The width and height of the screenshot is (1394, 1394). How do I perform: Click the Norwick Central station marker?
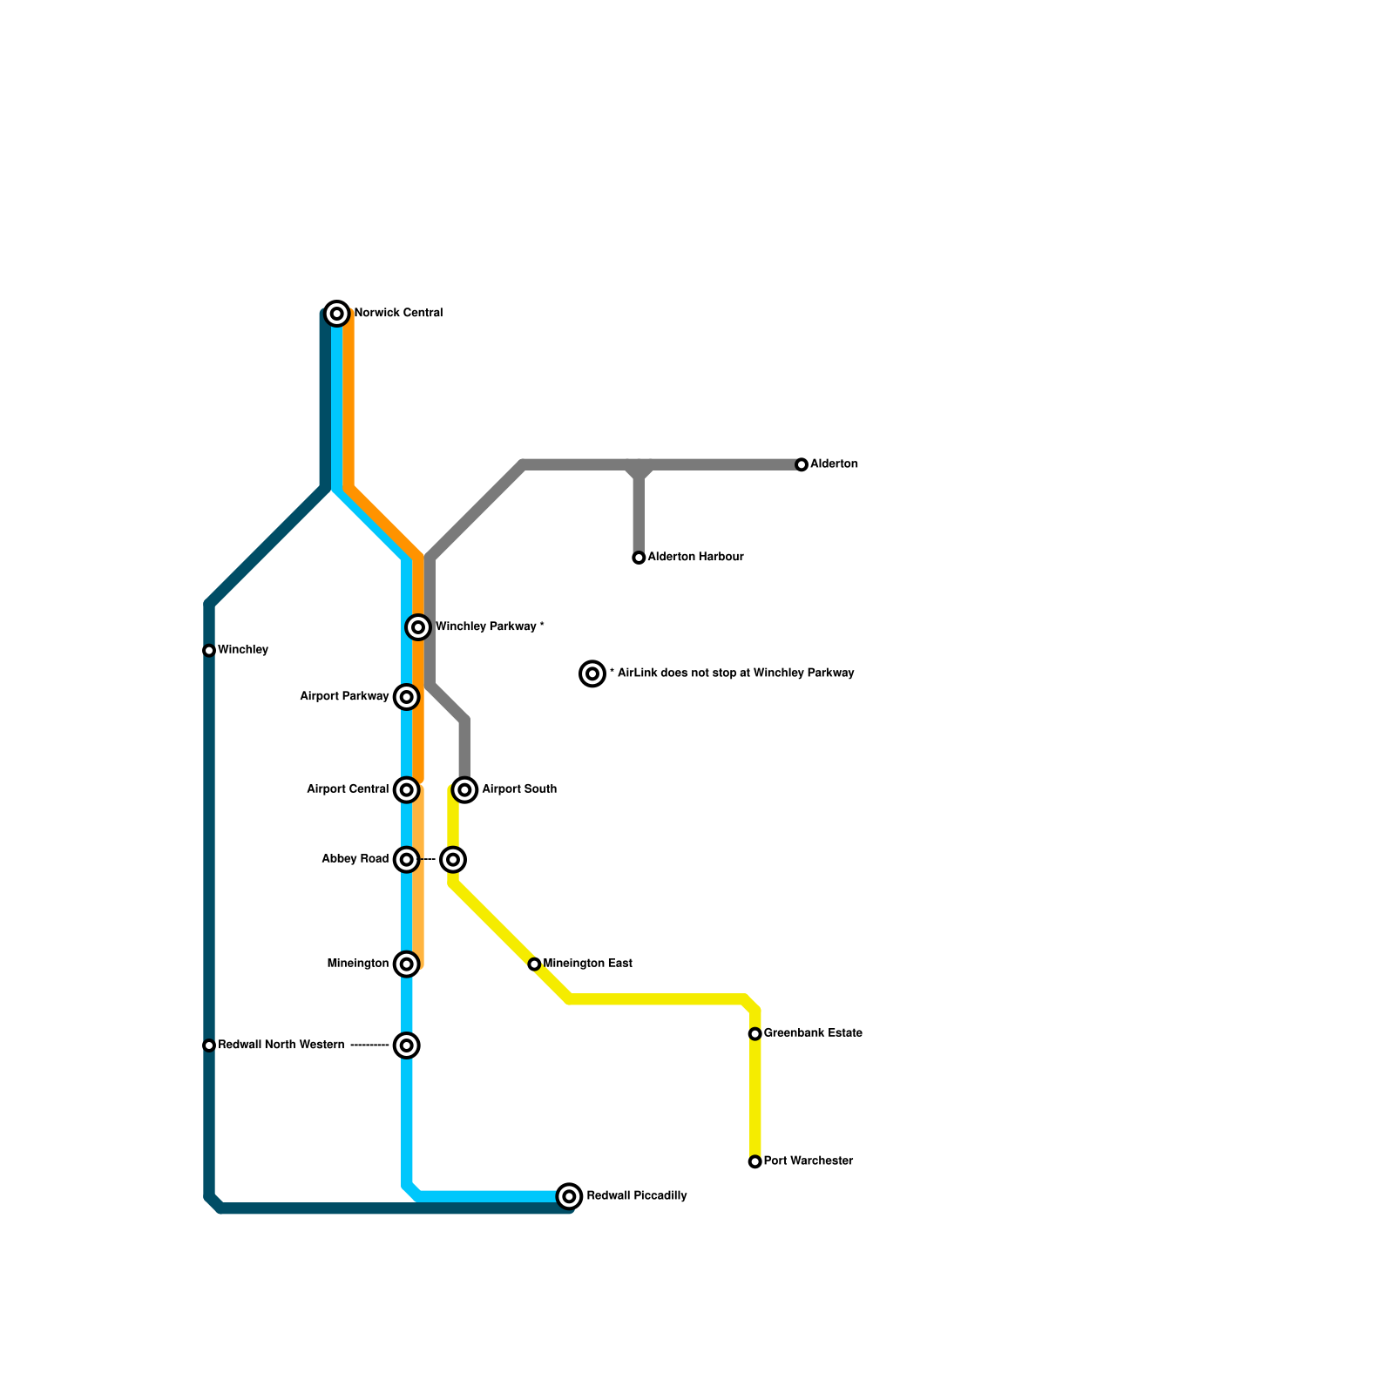click(x=337, y=314)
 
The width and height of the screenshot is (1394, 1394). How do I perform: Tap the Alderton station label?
click(x=834, y=464)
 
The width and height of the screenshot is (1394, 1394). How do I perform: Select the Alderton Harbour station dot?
click(x=639, y=558)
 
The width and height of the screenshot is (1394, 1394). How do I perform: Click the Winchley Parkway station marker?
click(x=418, y=627)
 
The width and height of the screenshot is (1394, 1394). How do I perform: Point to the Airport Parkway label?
click(x=344, y=697)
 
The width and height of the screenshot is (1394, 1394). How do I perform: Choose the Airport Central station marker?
click(x=407, y=790)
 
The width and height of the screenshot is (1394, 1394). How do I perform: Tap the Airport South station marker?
click(x=465, y=790)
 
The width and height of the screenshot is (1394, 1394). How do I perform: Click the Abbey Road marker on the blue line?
click(x=407, y=860)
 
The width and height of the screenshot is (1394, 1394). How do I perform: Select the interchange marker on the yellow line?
click(x=453, y=860)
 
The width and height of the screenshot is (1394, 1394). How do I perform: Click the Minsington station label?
click(x=358, y=964)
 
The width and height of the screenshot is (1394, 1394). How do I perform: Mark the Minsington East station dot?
click(x=534, y=964)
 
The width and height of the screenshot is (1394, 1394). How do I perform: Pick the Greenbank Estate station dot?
click(x=755, y=1034)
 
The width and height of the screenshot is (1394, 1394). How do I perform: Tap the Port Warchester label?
click(x=808, y=1161)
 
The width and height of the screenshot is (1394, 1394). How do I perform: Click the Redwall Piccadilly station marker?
click(x=569, y=1196)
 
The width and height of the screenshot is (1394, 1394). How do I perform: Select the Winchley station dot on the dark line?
click(x=209, y=651)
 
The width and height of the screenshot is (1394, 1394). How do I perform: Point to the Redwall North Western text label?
click(x=281, y=1045)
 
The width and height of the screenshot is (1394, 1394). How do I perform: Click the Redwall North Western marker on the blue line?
click(x=407, y=1045)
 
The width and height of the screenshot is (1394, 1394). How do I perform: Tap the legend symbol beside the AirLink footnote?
click(x=592, y=673)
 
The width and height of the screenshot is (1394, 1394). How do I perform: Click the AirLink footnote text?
click(x=732, y=673)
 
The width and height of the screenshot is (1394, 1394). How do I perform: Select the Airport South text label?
click(x=519, y=789)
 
